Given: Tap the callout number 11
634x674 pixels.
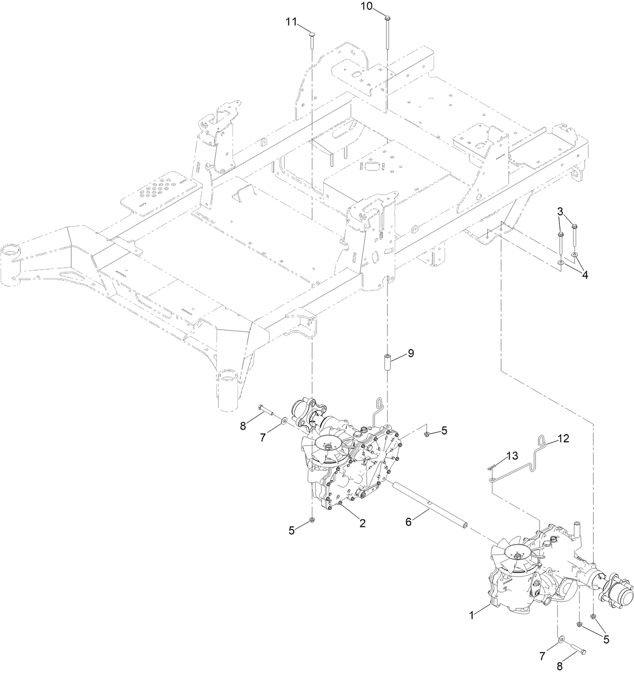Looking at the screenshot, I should [x=291, y=22].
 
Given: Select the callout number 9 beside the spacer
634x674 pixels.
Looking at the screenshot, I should [x=411, y=354].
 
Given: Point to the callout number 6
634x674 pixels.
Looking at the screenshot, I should [x=409, y=521].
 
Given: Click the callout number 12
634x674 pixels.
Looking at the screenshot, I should [x=563, y=439].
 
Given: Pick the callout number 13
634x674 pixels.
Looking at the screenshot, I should [x=512, y=455].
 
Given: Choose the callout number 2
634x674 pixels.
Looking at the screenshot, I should [x=362, y=523].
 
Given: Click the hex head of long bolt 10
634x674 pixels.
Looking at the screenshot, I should [x=387, y=19].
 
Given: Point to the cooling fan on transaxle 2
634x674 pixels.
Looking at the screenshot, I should [x=327, y=447].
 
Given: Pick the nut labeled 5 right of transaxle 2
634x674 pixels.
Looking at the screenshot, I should [x=427, y=433].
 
